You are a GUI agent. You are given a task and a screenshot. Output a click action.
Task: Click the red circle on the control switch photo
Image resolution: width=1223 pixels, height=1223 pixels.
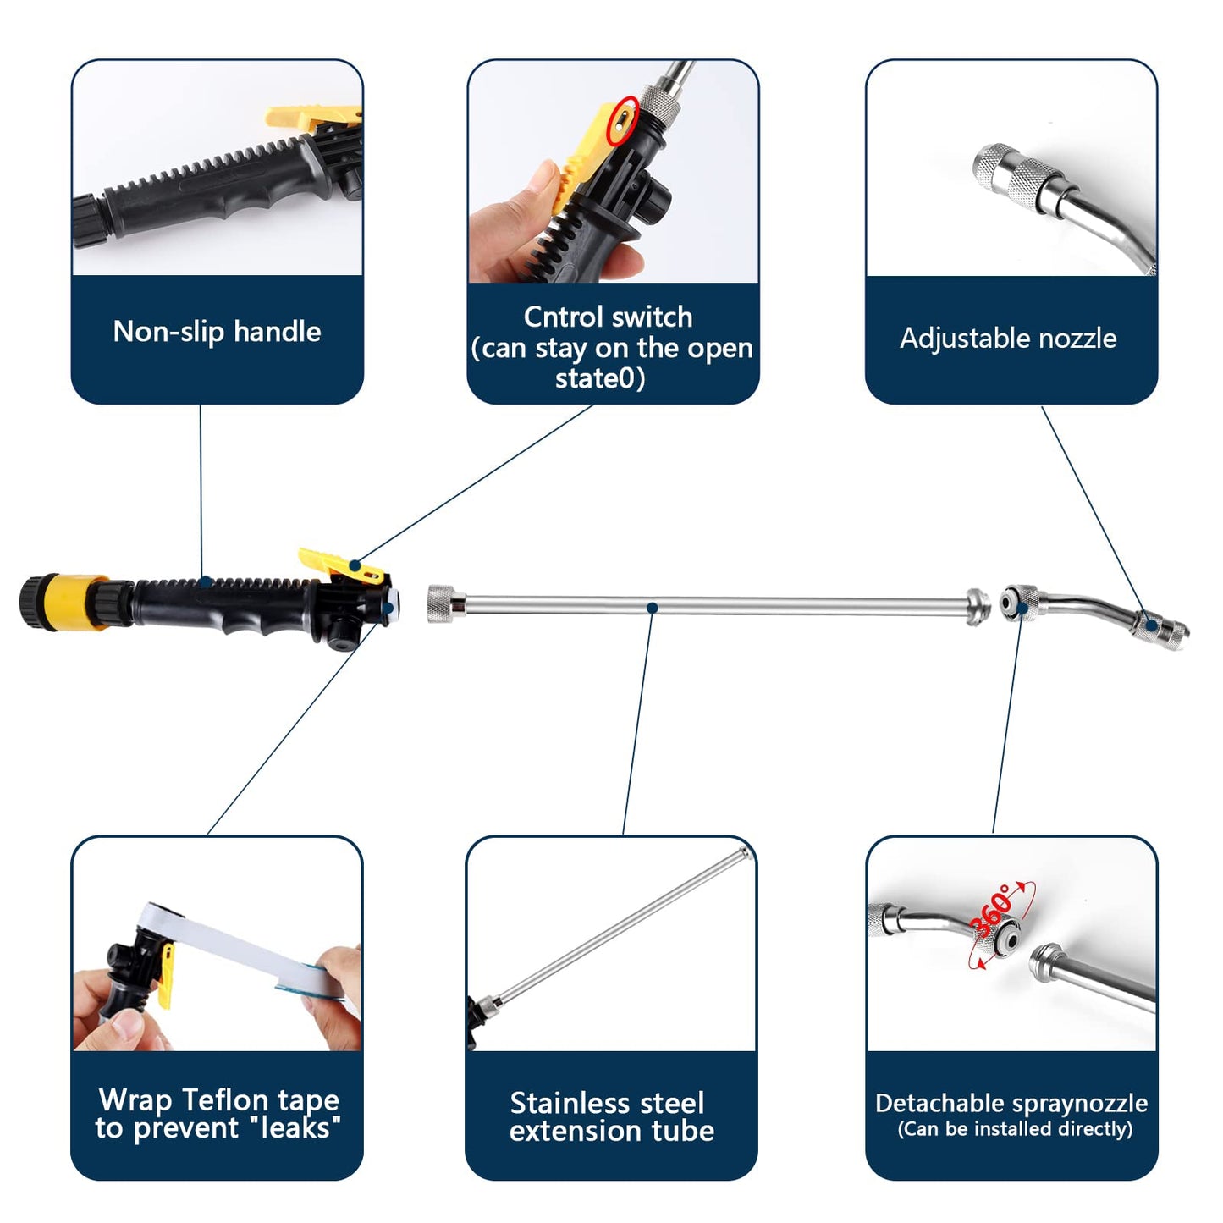(x=623, y=119)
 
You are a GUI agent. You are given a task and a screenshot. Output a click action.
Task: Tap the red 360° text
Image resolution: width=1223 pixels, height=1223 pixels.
(x=994, y=911)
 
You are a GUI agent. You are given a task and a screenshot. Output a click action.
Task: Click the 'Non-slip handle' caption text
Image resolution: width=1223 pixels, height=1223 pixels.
(x=217, y=331)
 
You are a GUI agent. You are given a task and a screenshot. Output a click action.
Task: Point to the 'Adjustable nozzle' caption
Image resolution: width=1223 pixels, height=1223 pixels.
(x=1008, y=339)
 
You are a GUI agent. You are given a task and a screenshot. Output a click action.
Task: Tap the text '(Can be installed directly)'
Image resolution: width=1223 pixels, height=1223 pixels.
(x=1014, y=1129)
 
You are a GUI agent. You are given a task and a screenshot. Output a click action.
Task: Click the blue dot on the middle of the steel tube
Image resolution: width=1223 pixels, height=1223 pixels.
(x=652, y=608)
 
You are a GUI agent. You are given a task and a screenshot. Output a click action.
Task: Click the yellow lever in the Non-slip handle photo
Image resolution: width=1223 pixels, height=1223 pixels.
(x=310, y=117)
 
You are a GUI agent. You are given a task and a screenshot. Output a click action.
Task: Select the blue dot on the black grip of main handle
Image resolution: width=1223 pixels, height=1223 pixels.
(x=206, y=581)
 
